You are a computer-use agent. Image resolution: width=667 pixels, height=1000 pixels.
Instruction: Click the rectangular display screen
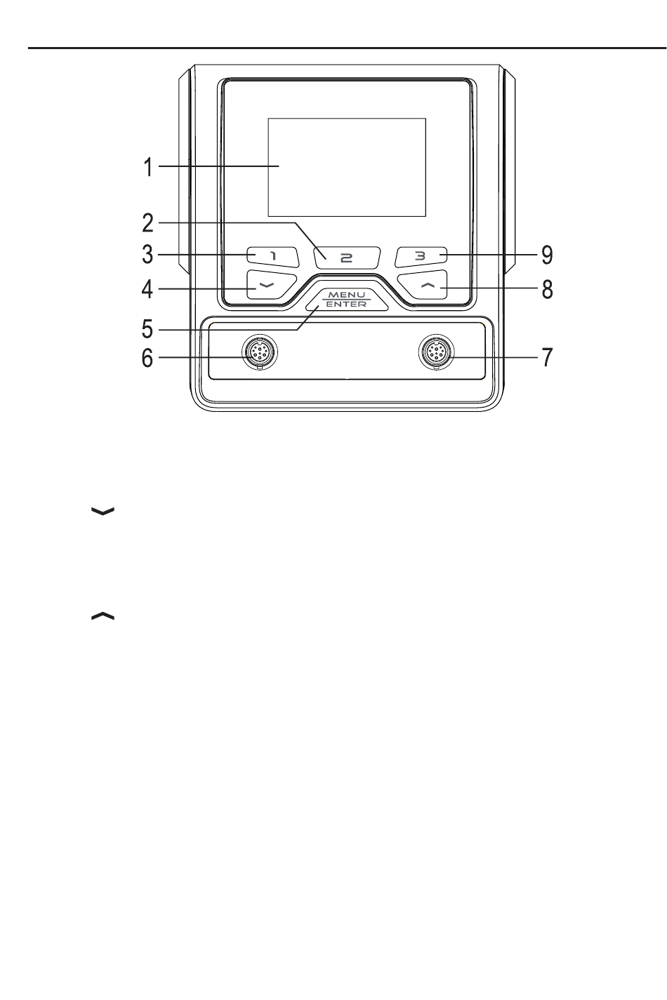[x=347, y=168]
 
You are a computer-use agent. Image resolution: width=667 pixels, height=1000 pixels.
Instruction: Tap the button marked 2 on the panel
[x=347, y=258]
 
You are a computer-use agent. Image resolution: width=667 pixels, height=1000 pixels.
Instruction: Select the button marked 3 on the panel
[x=421, y=257]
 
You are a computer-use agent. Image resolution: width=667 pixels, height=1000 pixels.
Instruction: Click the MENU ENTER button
[x=347, y=299]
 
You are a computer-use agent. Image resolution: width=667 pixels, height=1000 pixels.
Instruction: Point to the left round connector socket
[x=260, y=352]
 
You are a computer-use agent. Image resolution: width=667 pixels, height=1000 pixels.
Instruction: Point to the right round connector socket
[x=436, y=352]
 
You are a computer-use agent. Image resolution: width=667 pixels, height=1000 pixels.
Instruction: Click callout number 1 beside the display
[x=148, y=168]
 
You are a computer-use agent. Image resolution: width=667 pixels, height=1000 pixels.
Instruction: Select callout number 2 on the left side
[x=148, y=223]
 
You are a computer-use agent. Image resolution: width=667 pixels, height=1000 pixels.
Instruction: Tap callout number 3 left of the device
[x=148, y=255]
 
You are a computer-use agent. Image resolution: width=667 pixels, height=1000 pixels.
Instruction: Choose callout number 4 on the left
[x=147, y=289]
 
